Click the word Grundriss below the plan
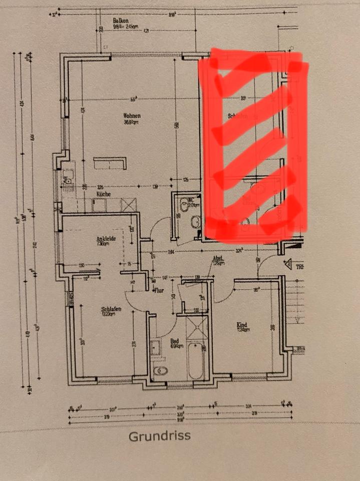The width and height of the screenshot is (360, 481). [160, 435]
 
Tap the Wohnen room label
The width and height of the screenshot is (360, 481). [132, 116]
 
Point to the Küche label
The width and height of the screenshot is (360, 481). [104, 194]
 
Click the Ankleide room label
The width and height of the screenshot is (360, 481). [106, 238]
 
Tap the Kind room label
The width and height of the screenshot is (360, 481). [242, 325]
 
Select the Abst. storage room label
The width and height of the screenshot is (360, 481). [217, 259]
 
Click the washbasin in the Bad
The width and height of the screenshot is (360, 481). [156, 347]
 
